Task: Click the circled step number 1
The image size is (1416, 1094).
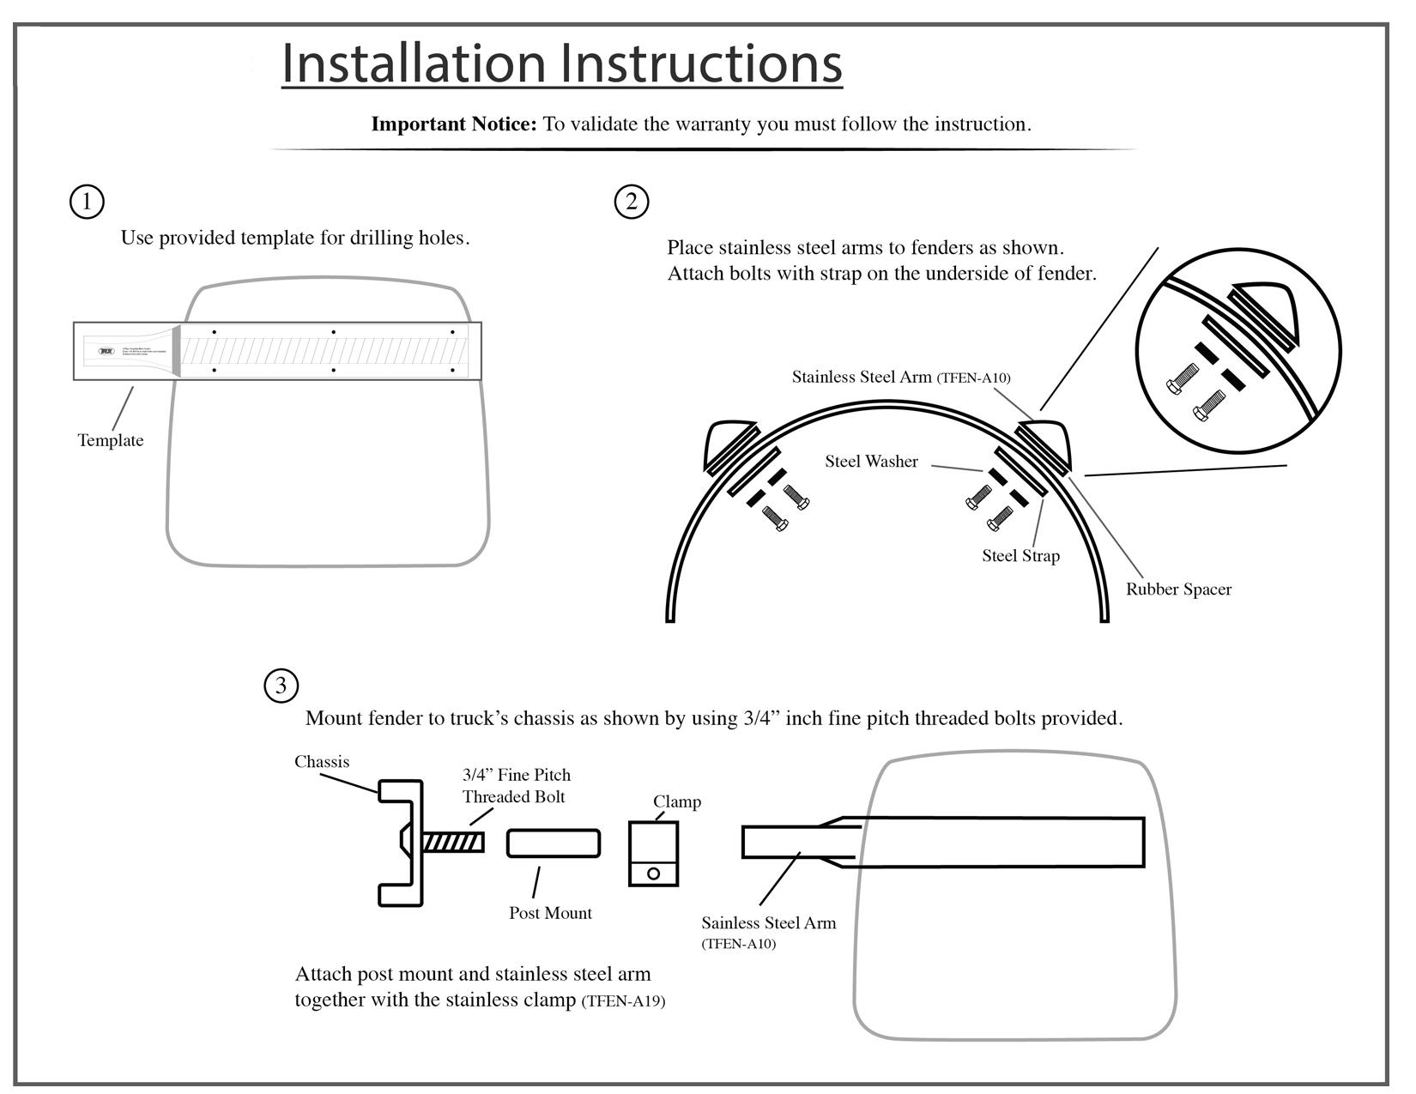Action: [86, 202]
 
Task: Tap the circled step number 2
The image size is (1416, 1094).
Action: [632, 202]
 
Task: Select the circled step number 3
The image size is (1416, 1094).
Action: [281, 686]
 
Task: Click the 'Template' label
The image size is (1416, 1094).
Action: [111, 440]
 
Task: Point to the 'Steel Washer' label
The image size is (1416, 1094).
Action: [871, 462]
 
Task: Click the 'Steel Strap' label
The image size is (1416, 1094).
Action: [1020, 556]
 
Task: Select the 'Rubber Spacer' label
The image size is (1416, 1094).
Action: [1178, 589]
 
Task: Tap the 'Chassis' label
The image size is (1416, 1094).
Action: [322, 762]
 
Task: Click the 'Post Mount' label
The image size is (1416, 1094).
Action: [550, 913]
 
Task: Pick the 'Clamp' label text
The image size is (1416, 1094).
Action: [677, 801]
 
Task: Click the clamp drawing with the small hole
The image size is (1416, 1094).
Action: [654, 854]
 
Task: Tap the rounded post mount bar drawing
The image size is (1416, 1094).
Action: [553, 843]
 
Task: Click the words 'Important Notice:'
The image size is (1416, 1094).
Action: [453, 124]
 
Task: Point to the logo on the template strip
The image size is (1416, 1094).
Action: [106, 351]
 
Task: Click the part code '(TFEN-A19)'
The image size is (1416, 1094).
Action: [623, 1001]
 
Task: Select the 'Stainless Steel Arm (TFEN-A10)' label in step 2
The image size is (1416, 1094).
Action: [900, 377]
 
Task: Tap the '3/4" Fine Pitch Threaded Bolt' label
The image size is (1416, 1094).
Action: [516, 786]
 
